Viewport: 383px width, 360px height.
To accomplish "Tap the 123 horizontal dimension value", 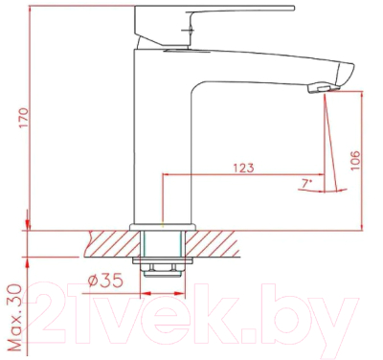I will tap(242, 169).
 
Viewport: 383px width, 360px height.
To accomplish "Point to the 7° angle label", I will tap(305, 183).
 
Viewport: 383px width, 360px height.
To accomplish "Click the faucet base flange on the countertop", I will tap(164, 226).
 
